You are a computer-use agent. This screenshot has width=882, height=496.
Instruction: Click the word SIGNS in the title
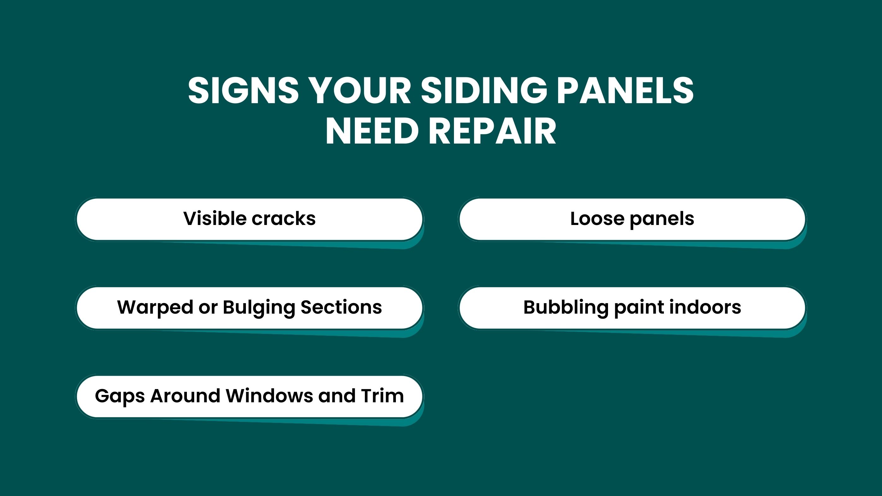243,90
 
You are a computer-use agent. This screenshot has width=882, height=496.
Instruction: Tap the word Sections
341,307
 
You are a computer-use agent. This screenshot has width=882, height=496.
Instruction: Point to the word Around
185,396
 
